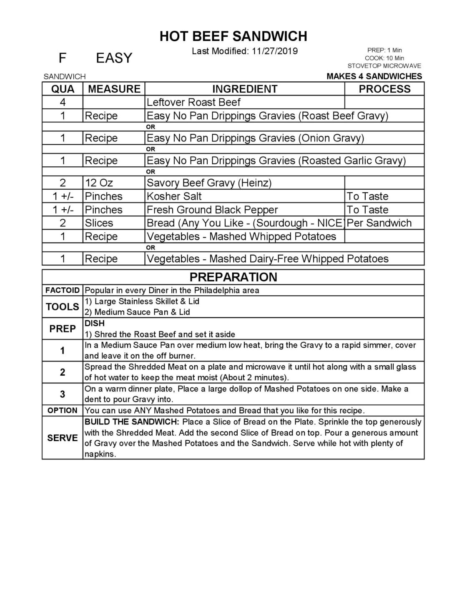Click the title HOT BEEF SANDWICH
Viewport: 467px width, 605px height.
tap(233, 36)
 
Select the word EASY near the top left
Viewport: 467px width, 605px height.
tap(114, 58)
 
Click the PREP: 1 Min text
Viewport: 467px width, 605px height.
tap(384, 50)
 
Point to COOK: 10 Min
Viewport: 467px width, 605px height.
tap(384, 58)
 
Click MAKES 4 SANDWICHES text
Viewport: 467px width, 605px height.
tap(374, 76)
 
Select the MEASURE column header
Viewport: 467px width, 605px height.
tap(114, 89)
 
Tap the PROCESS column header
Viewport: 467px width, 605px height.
tap(384, 89)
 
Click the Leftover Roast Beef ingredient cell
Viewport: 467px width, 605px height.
tap(193, 102)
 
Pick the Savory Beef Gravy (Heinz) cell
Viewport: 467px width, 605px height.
tap(209, 183)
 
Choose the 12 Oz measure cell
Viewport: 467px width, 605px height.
tap(99, 183)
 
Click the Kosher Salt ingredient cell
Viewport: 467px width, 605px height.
tap(174, 196)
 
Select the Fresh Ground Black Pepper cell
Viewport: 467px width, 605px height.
tap(212, 210)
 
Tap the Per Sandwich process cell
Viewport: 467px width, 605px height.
tap(379, 223)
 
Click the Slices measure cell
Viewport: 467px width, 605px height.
tap(99, 223)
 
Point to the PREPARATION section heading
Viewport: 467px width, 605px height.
tap(233, 277)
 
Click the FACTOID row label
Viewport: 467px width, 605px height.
tap(63, 290)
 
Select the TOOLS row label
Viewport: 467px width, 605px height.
tap(63, 307)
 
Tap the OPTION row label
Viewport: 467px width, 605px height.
tap(63, 410)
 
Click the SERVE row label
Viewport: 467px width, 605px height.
tap(63, 438)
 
